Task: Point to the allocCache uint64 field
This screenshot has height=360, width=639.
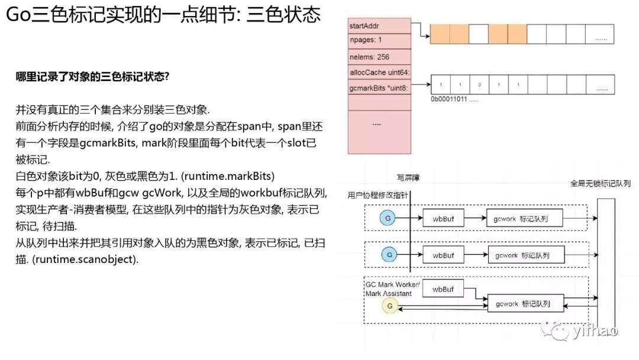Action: pos(379,72)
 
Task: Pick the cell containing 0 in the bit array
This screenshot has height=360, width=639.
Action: pos(479,85)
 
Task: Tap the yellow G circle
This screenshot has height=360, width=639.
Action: pos(389,306)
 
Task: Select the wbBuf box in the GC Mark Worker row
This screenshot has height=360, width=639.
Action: pos(443,289)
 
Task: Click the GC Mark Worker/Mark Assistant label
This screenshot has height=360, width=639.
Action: pos(392,288)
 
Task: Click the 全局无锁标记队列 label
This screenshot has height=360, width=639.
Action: pos(600,184)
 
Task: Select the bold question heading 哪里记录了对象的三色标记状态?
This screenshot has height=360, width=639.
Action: pos(93,76)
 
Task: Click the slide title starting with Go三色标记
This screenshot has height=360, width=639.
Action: pos(163,15)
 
